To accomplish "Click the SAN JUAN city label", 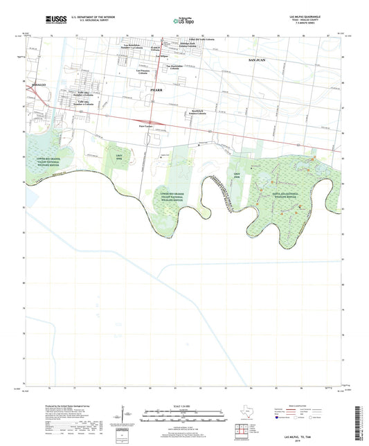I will (x=258, y=62).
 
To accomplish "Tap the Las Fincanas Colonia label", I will (x=143, y=71).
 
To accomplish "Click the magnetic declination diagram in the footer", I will (x=124, y=416).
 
